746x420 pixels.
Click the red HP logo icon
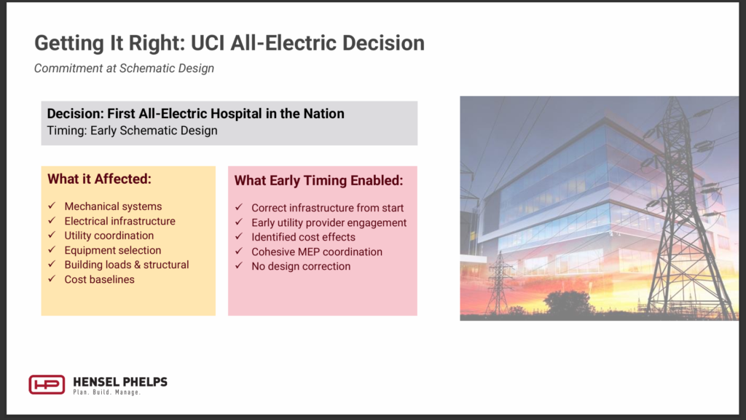click(47, 384)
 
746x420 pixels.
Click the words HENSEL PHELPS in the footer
click(120, 382)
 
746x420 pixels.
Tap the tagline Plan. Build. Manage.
click(106, 392)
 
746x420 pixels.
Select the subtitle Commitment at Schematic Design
click(124, 69)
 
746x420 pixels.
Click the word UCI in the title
click(208, 43)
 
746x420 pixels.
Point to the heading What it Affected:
click(99, 179)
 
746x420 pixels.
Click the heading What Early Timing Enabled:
click(319, 181)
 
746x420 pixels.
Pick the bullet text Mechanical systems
click(113, 206)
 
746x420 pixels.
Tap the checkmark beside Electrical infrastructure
click(52, 220)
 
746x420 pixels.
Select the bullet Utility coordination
click(109, 236)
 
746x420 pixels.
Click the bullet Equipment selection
click(113, 250)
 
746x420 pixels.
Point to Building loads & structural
click(127, 265)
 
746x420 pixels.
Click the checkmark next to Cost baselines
click(52, 279)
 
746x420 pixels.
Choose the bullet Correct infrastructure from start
click(327, 208)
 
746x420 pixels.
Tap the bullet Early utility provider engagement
click(329, 222)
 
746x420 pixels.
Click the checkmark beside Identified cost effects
click(239, 236)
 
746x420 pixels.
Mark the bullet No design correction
click(301, 266)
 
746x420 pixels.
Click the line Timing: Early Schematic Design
click(133, 131)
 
